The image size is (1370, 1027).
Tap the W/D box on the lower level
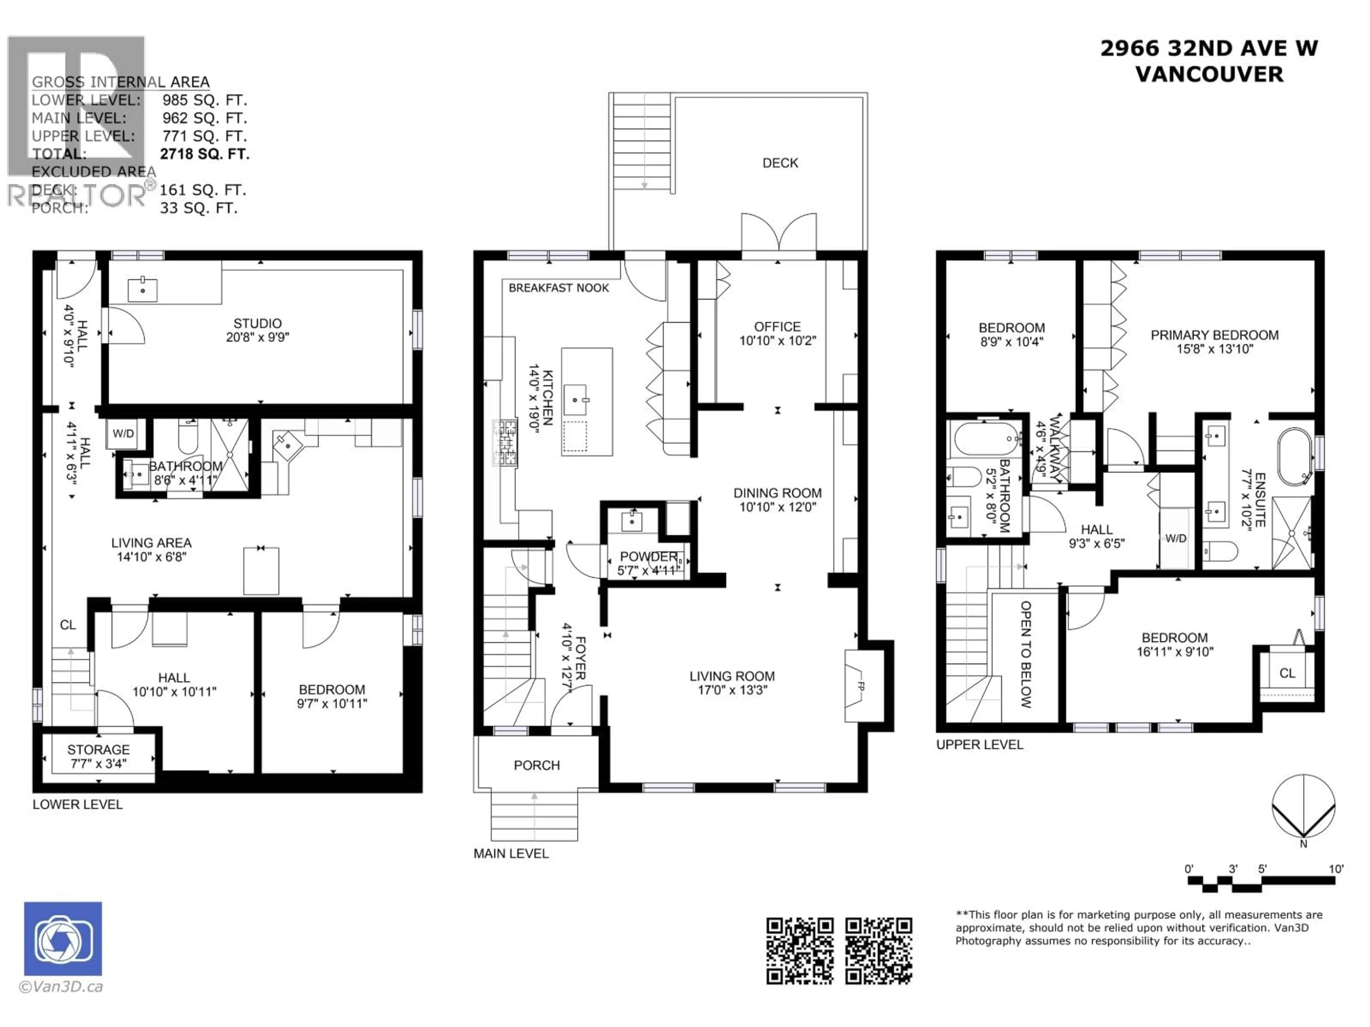tap(123, 433)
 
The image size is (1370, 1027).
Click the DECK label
tap(780, 163)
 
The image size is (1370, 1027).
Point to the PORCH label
tap(536, 765)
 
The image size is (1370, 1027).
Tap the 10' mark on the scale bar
tap(1336, 869)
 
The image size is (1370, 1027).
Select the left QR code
tap(800, 951)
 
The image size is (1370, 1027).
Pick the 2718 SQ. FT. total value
tap(204, 154)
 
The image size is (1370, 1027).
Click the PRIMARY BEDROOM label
tap(1214, 335)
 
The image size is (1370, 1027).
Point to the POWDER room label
tap(648, 556)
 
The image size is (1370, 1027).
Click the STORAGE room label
tap(98, 749)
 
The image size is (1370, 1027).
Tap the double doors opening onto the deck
tap(778, 235)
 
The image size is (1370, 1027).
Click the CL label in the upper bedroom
tap(1287, 673)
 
